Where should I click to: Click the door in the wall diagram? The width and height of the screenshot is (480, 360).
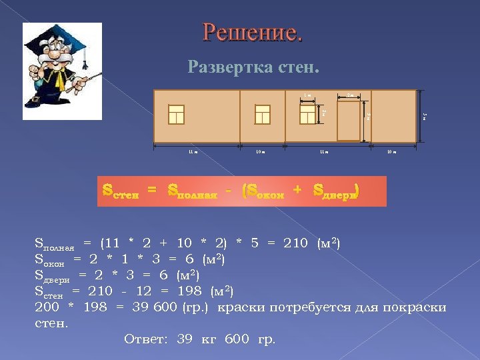point(349,121)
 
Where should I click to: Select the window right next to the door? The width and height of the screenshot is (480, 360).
point(307,115)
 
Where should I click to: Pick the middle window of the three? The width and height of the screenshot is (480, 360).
point(263,115)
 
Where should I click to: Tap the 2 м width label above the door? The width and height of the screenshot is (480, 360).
point(350,95)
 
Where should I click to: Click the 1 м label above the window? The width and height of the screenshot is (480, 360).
point(307,95)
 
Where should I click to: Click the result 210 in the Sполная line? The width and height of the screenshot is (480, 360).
point(296,244)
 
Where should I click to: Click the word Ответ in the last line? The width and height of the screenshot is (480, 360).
point(147,339)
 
